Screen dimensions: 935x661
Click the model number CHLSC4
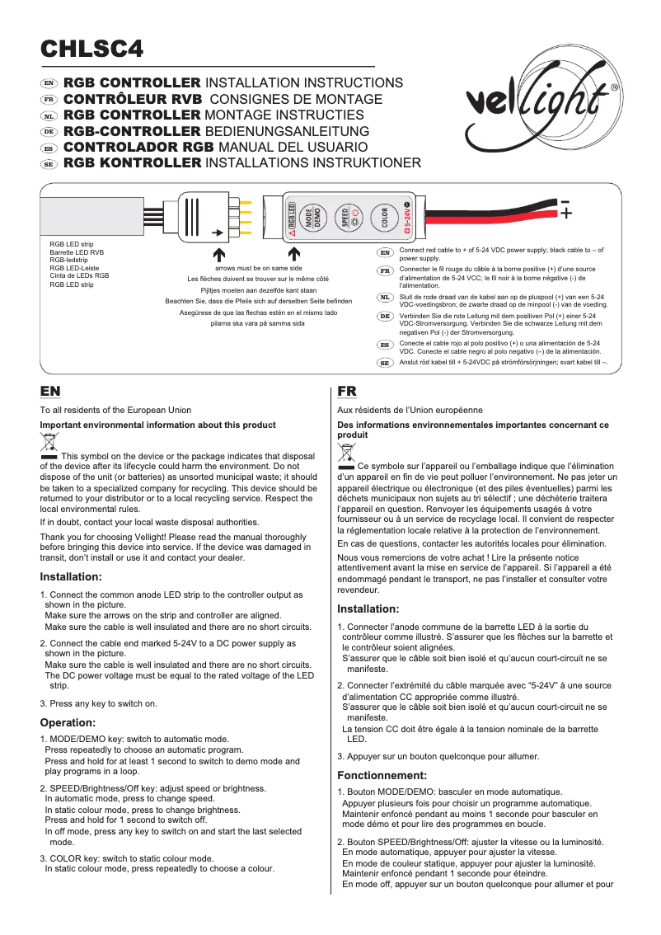[x=92, y=49]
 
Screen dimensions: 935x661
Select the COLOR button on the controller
[x=384, y=217]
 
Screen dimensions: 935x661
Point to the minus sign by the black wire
[x=565, y=202]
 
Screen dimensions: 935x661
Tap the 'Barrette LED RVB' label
[x=77, y=252]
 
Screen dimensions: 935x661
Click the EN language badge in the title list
[x=49, y=84]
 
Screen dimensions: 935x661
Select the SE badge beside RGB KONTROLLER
[x=49, y=164]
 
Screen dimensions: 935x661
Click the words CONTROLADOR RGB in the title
[x=138, y=148]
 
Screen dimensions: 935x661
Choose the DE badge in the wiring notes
[x=384, y=317]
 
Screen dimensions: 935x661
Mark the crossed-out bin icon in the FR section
[x=347, y=454]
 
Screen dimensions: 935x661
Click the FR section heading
[x=347, y=391]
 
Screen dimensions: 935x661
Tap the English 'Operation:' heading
[x=70, y=722]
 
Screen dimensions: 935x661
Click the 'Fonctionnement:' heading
[x=382, y=776]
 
